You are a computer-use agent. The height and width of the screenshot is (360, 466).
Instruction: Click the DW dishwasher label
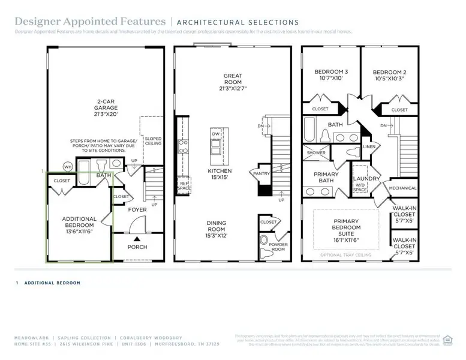(x=214, y=134)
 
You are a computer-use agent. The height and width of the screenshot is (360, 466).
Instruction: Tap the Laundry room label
(x=366, y=179)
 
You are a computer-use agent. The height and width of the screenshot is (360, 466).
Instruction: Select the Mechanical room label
(x=402, y=188)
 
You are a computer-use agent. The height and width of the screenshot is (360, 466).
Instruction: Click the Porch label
(x=137, y=247)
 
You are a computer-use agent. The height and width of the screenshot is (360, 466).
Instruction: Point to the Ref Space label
(x=184, y=185)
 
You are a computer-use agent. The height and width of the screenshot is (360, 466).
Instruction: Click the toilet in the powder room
(x=264, y=241)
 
